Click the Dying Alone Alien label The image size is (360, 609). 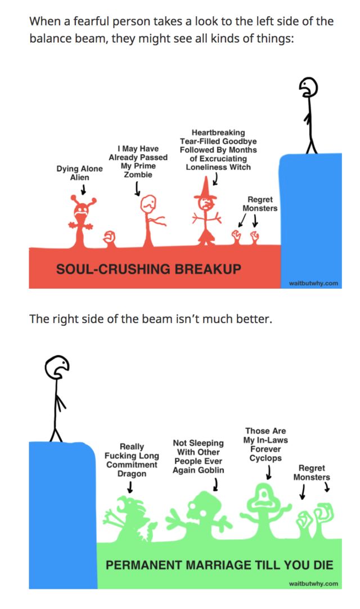click(x=79, y=173)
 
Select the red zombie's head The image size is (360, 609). click(x=149, y=203)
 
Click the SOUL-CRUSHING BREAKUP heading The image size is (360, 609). click(x=148, y=268)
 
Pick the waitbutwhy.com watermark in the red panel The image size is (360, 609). click(x=313, y=283)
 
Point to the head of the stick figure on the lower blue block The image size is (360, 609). click(x=57, y=367)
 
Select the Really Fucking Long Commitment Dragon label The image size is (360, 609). click(x=132, y=460)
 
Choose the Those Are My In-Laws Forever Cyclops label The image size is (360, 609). click(x=265, y=445)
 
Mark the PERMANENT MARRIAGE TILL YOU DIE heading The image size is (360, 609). click(x=219, y=565)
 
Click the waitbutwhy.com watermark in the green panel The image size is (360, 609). click(x=313, y=584)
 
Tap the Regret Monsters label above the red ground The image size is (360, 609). click(x=260, y=204)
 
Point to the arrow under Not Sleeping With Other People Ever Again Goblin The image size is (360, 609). click(x=216, y=483)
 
